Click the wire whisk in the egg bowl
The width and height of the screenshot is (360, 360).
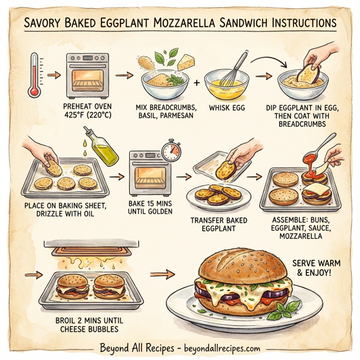coord(237,68)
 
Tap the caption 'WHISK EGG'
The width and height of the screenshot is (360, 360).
coord(228,108)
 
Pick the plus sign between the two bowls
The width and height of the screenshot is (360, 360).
coord(196,79)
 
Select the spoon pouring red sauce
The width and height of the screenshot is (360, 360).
coord(324,147)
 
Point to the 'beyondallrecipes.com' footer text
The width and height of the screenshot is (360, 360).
coord(222,349)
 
